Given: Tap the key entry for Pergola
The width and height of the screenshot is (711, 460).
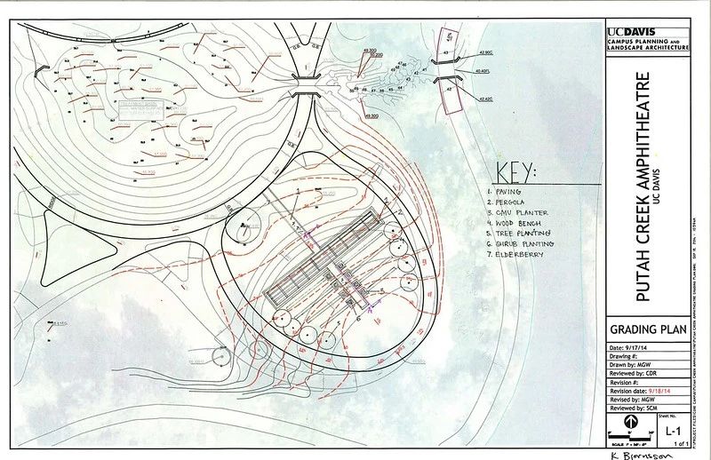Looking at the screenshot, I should click(508, 202).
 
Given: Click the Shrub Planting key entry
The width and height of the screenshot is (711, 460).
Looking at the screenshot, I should click(523, 243).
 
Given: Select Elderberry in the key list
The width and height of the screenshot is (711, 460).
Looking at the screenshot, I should click(515, 256).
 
